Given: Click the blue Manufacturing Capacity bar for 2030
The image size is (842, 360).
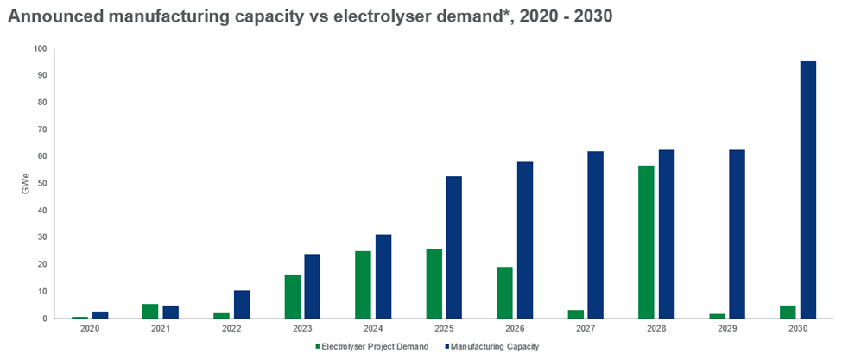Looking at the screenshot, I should pyautogui.click(x=807, y=190).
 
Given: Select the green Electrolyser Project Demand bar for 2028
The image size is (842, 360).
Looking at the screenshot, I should pyautogui.click(x=647, y=242).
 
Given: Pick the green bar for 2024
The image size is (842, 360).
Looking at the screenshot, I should pyautogui.click(x=363, y=285).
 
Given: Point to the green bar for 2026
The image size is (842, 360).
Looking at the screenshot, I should pyautogui.click(x=504, y=293).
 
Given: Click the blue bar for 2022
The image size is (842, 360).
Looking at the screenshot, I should pyautogui.click(x=241, y=304).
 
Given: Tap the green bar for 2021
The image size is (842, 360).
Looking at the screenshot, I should pyautogui.click(x=150, y=311).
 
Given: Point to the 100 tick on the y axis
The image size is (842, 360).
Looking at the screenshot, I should pyautogui.click(x=39, y=48).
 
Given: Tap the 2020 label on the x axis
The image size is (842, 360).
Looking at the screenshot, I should pyautogui.click(x=88, y=329).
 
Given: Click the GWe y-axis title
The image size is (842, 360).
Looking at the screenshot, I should pyautogui.click(x=25, y=184).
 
